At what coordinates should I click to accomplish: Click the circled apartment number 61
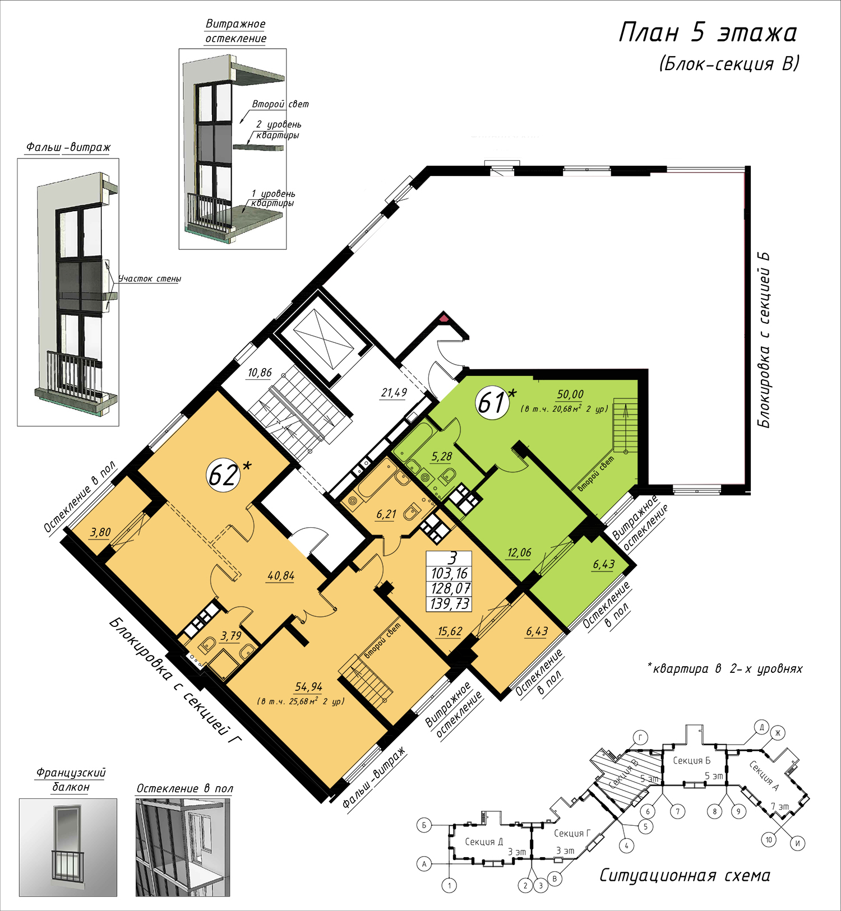pos(492,402)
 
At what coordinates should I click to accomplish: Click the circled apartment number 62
pos(223,476)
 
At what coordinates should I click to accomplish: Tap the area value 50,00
pos(570,395)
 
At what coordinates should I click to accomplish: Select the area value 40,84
pos(281,576)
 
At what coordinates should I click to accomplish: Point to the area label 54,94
pos(309,687)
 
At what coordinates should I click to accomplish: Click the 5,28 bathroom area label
pos(442,457)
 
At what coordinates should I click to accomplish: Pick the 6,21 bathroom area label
pos(386,514)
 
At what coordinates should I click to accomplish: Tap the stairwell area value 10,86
pos(260,373)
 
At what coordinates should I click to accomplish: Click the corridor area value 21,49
pos(394,393)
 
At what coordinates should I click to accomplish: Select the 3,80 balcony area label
pos(100,532)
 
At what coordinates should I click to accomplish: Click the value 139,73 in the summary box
pos(450,604)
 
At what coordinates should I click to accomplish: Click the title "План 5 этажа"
pos(708,32)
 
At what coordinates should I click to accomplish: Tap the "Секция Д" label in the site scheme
pos(484,842)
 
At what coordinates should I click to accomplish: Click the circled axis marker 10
pos(769,840)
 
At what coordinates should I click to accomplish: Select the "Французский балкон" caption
pos(71,780)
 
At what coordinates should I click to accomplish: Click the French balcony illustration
pos(68,847)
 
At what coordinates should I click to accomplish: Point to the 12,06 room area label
pos(519,553)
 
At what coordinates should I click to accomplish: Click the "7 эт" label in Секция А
pos(779,807)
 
